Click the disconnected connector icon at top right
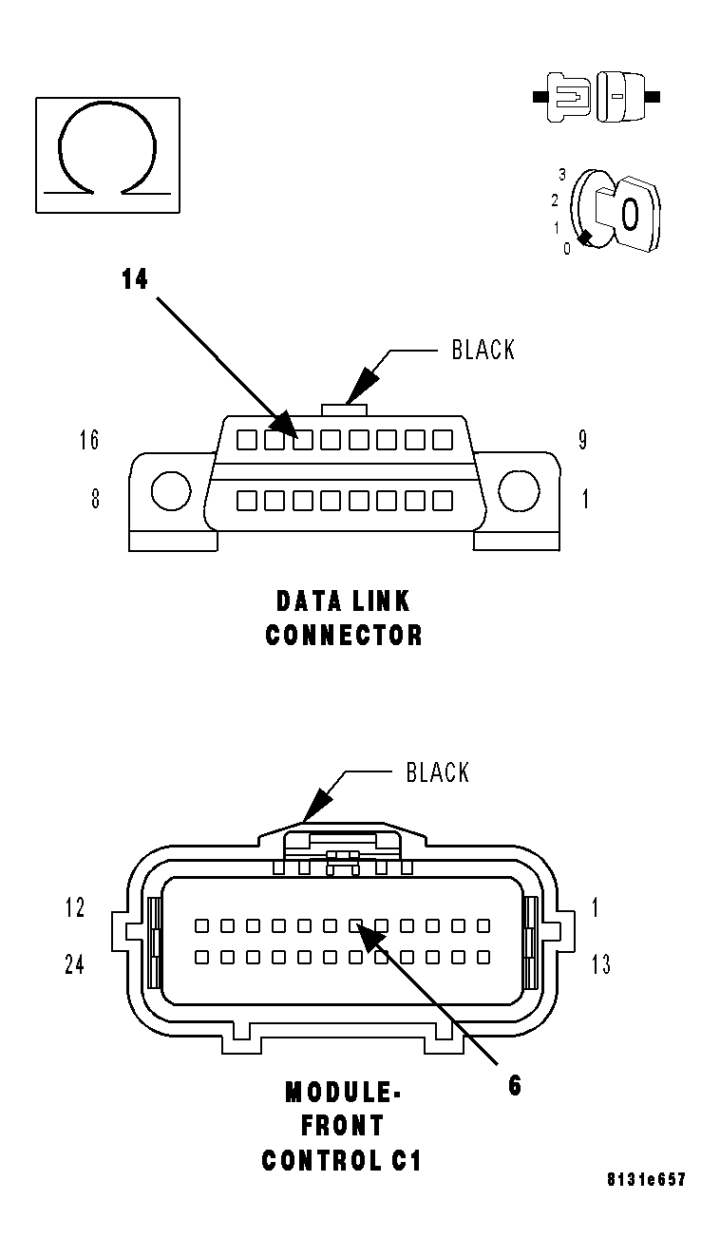597,96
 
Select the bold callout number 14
135,279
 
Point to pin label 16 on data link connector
89,440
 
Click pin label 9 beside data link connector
582,440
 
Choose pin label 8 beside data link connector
95,499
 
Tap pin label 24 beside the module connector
74,964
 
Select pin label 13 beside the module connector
600,964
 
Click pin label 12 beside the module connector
75,908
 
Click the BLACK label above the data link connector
483,350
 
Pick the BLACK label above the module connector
437,771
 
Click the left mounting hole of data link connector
170,491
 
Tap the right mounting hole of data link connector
519,491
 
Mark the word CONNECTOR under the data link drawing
344,635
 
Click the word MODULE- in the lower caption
343,1093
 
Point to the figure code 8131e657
646,1180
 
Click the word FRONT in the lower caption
343,1126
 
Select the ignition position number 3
562,175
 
